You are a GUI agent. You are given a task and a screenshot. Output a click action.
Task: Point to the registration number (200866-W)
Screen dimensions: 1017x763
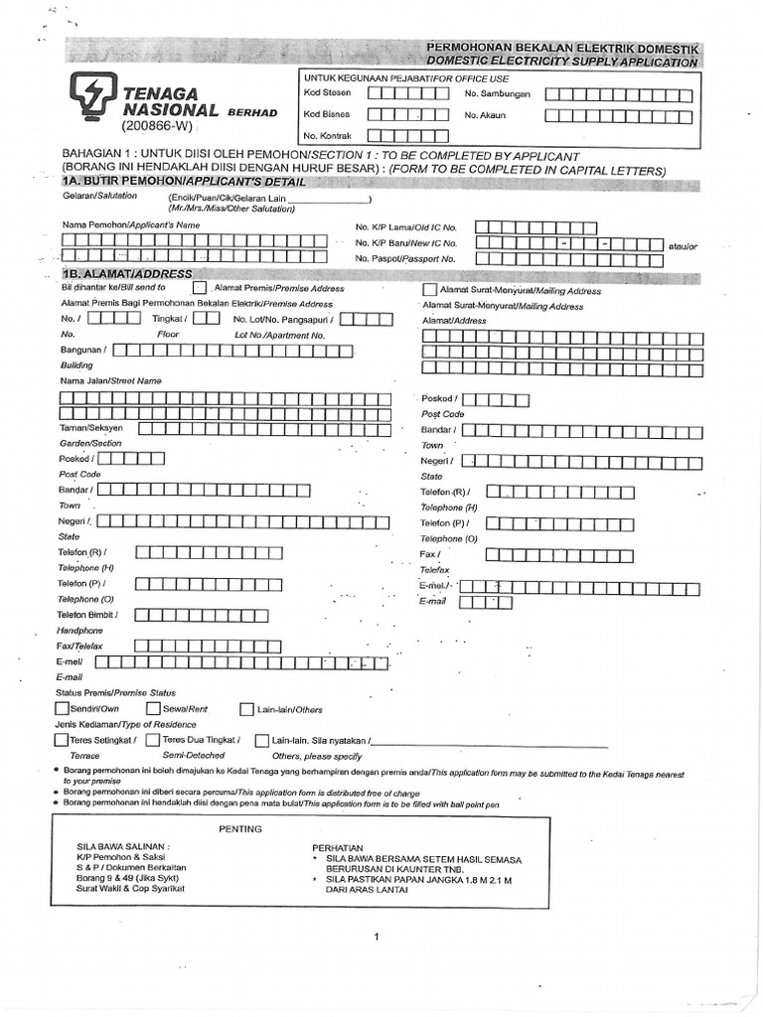coord(157,128)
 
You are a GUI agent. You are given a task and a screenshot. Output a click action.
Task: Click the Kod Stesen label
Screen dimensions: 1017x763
coord(327,93)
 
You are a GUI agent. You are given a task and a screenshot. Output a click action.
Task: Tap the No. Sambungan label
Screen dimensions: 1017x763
coord(498,94)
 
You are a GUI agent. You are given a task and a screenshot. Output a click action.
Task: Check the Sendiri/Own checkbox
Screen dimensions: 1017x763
coord(62,709)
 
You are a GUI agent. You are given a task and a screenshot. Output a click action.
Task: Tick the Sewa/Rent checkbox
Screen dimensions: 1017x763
coord(153,709)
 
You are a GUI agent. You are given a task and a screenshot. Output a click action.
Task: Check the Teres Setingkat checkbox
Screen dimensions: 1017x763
coord(62,740)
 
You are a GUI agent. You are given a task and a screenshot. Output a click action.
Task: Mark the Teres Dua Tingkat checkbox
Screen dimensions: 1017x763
coord(152,740)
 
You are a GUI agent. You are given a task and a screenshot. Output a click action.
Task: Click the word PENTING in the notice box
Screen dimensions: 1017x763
coord(239,828)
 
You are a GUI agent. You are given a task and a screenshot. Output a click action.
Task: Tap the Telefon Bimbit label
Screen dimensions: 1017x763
coord(87,616)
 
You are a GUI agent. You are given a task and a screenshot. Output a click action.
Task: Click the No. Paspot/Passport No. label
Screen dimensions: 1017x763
coord(406,258)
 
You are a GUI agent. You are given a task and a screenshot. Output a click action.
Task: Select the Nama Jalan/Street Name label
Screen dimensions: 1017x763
coord(110,381)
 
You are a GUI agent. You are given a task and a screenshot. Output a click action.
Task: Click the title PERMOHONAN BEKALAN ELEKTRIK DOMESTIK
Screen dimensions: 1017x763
coord(562,48)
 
